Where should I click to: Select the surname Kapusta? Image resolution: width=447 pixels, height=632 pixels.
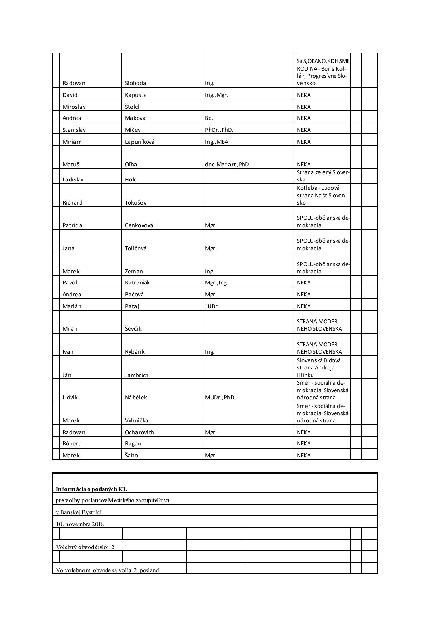[136, 95]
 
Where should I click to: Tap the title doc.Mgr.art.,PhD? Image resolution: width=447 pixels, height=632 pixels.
[227, 165]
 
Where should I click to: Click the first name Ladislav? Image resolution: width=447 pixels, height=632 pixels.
[73, 180]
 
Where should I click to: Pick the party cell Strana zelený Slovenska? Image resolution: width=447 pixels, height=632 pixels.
[323, 176]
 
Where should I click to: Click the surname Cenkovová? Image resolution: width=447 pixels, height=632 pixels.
[139, 225]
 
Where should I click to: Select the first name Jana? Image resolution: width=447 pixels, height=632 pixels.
[68, 248]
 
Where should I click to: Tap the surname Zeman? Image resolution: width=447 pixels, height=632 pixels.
[134, 272]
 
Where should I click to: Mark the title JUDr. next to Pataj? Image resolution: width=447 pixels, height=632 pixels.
[212, 306]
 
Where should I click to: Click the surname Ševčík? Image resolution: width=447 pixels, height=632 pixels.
[133, 329]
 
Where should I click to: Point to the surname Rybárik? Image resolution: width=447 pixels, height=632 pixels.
[135, 352]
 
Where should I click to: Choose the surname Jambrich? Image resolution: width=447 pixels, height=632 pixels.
[137, 375]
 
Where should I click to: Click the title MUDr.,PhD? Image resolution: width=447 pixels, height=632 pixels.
[220, 398]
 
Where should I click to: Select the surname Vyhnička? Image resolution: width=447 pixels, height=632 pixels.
[137, 421]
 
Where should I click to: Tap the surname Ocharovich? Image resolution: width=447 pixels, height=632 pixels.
[139, 432]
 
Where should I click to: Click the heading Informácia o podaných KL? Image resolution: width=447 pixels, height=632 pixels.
[91, 489]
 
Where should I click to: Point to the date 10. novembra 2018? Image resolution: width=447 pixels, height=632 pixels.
[80, 524]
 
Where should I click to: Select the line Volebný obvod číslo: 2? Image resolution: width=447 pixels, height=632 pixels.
[85, 547]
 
